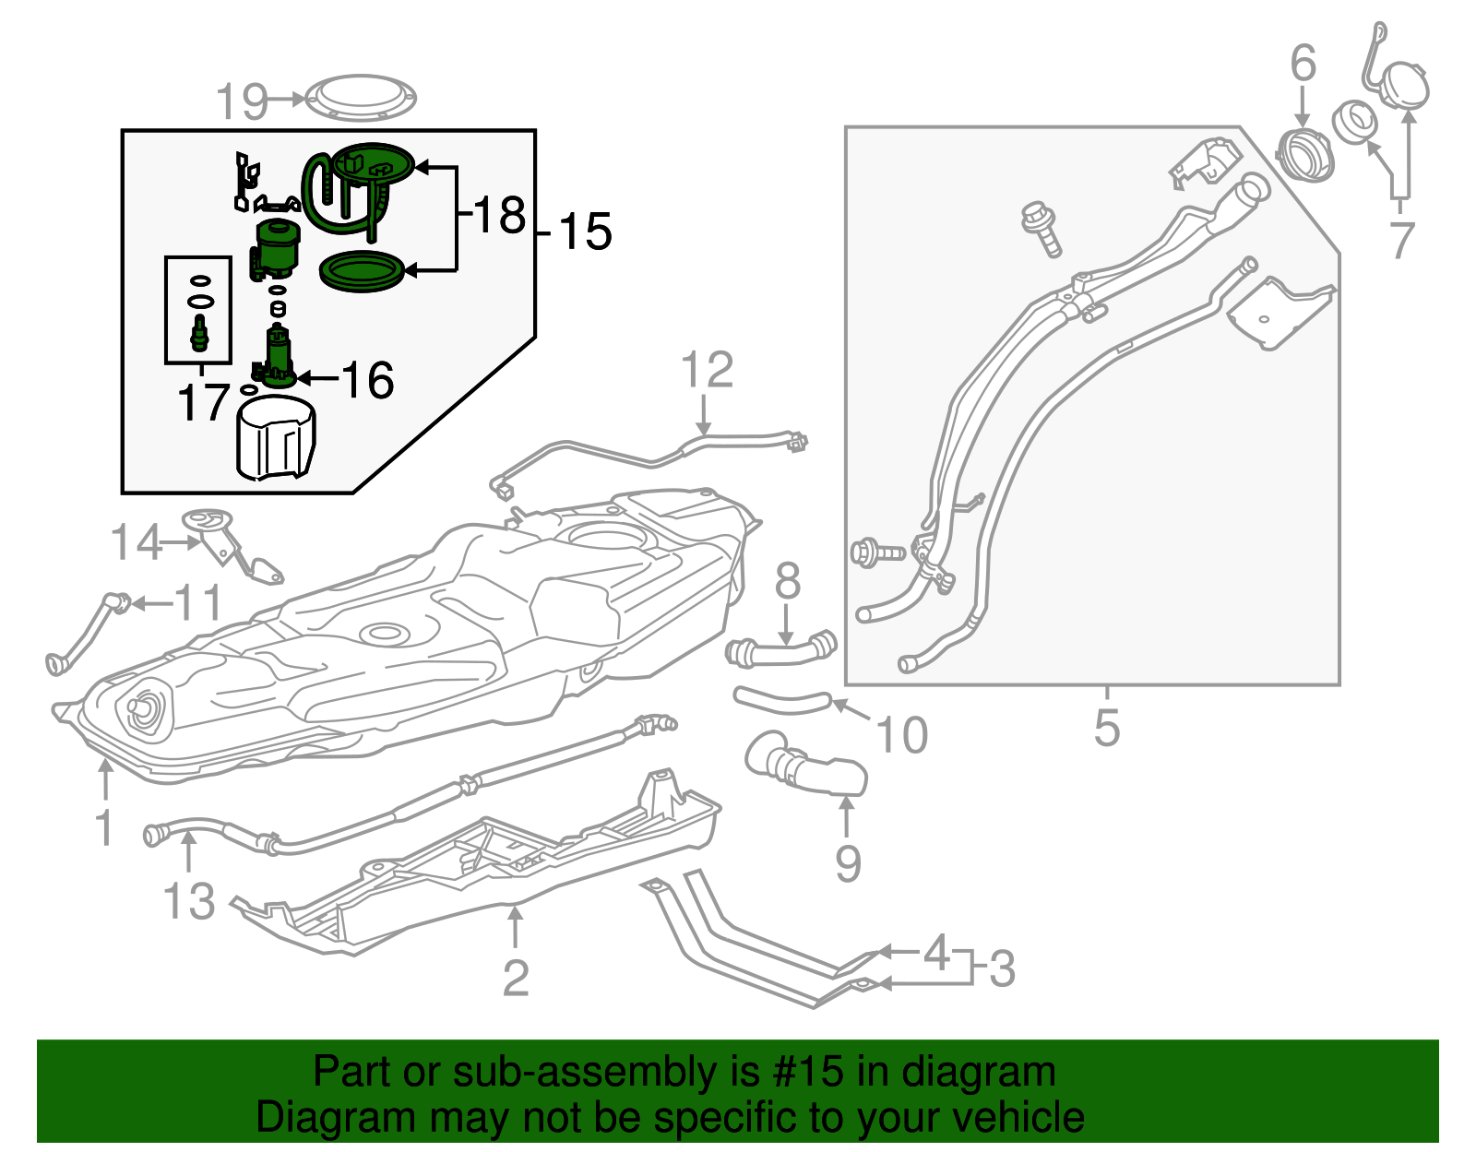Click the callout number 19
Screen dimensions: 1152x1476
point(242,101)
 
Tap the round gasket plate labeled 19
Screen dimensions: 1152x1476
point(361,97)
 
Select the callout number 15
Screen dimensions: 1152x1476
point(585,232)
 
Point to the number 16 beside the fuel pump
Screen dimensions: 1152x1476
point(367,380)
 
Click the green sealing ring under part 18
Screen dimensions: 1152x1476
point(362,272)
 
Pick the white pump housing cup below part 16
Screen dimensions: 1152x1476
point(276,438)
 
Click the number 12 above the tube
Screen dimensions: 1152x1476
point(707,371)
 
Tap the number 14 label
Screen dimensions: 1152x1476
point(137,542)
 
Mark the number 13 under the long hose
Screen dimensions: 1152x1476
point(189,901)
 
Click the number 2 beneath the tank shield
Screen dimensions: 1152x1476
point(516,978)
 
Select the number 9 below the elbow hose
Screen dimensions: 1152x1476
point(848,863)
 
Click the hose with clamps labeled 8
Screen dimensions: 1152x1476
point(780,651)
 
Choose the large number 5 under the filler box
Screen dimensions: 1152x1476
point(1106,728)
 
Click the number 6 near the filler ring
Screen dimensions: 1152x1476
point(1303,64)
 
